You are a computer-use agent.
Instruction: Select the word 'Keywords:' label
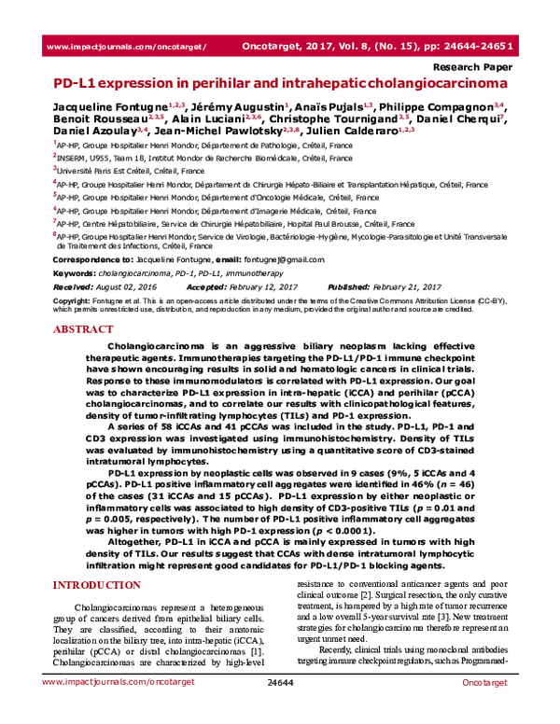click(74, 272)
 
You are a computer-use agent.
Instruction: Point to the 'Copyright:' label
click(72, 301)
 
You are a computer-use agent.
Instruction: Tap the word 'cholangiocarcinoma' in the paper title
click(423, 84)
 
